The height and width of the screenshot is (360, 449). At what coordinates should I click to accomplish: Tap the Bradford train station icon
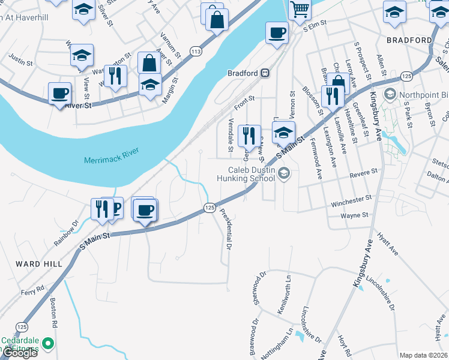coord(264,73)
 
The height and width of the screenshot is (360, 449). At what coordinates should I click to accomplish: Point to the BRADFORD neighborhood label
coord(409,40)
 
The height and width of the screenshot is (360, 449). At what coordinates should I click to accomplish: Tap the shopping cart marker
coord(299,10)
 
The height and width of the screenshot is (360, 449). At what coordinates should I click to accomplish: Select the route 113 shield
coord(196,52)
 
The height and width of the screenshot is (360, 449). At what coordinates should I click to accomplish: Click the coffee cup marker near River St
coord(60,93)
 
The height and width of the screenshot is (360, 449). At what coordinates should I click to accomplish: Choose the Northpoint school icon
coord(390,94)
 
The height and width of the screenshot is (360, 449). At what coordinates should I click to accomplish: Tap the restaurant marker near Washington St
coord(115,76)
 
